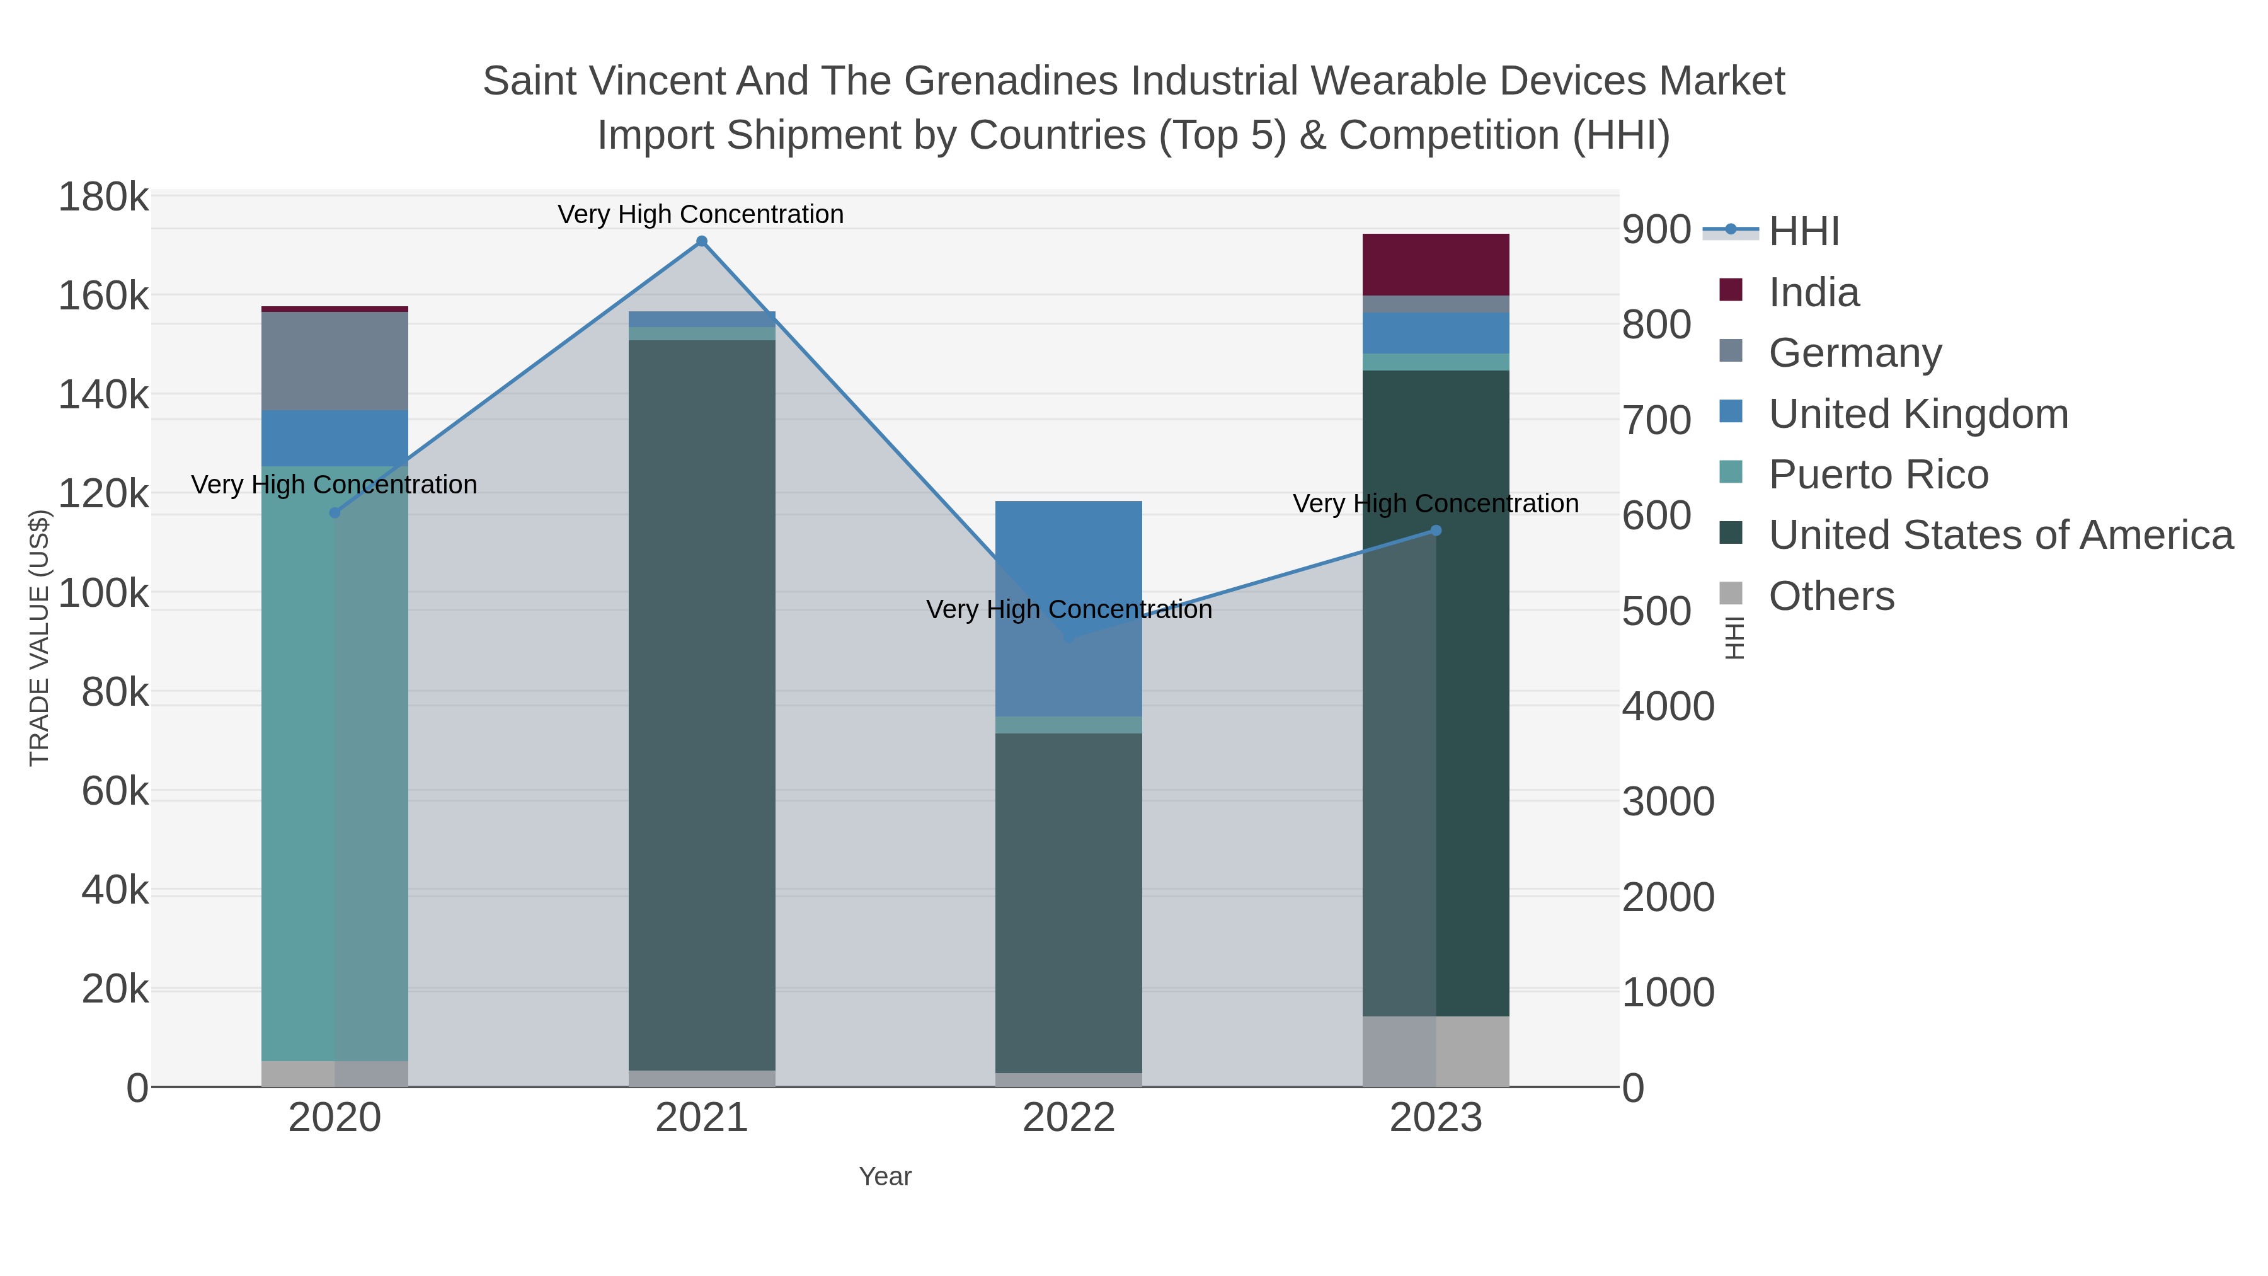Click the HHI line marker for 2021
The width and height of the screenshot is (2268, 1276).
tap(702, 241)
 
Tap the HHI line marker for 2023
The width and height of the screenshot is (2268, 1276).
tap(1436, 530)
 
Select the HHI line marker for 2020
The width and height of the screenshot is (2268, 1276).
tap(335, 512)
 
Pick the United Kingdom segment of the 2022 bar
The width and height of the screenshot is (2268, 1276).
tap(1069, 607)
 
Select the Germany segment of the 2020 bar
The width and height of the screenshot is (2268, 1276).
tap(335, 361)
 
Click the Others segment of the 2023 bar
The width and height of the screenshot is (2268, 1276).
tap(1436, 1052)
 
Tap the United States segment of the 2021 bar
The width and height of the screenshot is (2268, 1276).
tap(702, 704)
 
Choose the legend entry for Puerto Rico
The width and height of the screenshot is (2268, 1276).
tap(1878, 474)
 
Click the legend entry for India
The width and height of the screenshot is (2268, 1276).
tap(1814, 292)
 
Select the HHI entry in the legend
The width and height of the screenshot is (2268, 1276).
tap(1803, 232)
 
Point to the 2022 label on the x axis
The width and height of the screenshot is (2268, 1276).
tap(1069, 1118)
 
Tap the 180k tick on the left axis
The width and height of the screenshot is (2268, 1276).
tap(103, 197)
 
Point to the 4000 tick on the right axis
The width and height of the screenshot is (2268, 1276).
tap(1668, 706)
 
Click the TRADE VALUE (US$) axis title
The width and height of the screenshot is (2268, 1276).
tap(40, 638)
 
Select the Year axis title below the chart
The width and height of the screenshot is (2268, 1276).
tap(885, 1176)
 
